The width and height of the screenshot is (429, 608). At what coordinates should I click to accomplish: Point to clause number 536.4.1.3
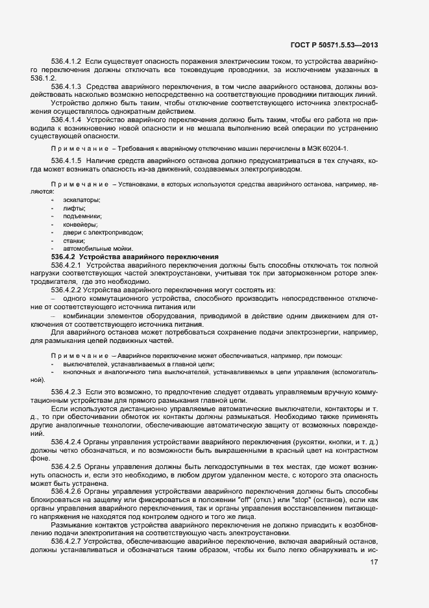click(x=66, y=86)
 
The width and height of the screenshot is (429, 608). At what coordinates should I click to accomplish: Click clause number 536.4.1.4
click(x=66, y=120)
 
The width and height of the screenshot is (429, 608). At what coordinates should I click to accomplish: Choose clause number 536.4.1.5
click(x=66, y=160)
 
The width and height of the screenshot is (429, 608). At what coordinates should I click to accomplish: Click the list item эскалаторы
click(x=77, y=200)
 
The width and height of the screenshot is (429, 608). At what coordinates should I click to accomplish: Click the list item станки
click(x=74, y=240)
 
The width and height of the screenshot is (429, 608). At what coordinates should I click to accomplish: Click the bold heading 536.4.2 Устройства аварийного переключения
click(x=134, y=257)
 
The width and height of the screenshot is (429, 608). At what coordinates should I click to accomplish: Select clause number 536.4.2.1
click(x=66, y=265)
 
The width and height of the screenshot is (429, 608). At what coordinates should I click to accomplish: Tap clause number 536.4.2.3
click(x=66, y=393)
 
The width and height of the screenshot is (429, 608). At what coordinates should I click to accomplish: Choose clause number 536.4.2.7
click(x=66, y=540)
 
